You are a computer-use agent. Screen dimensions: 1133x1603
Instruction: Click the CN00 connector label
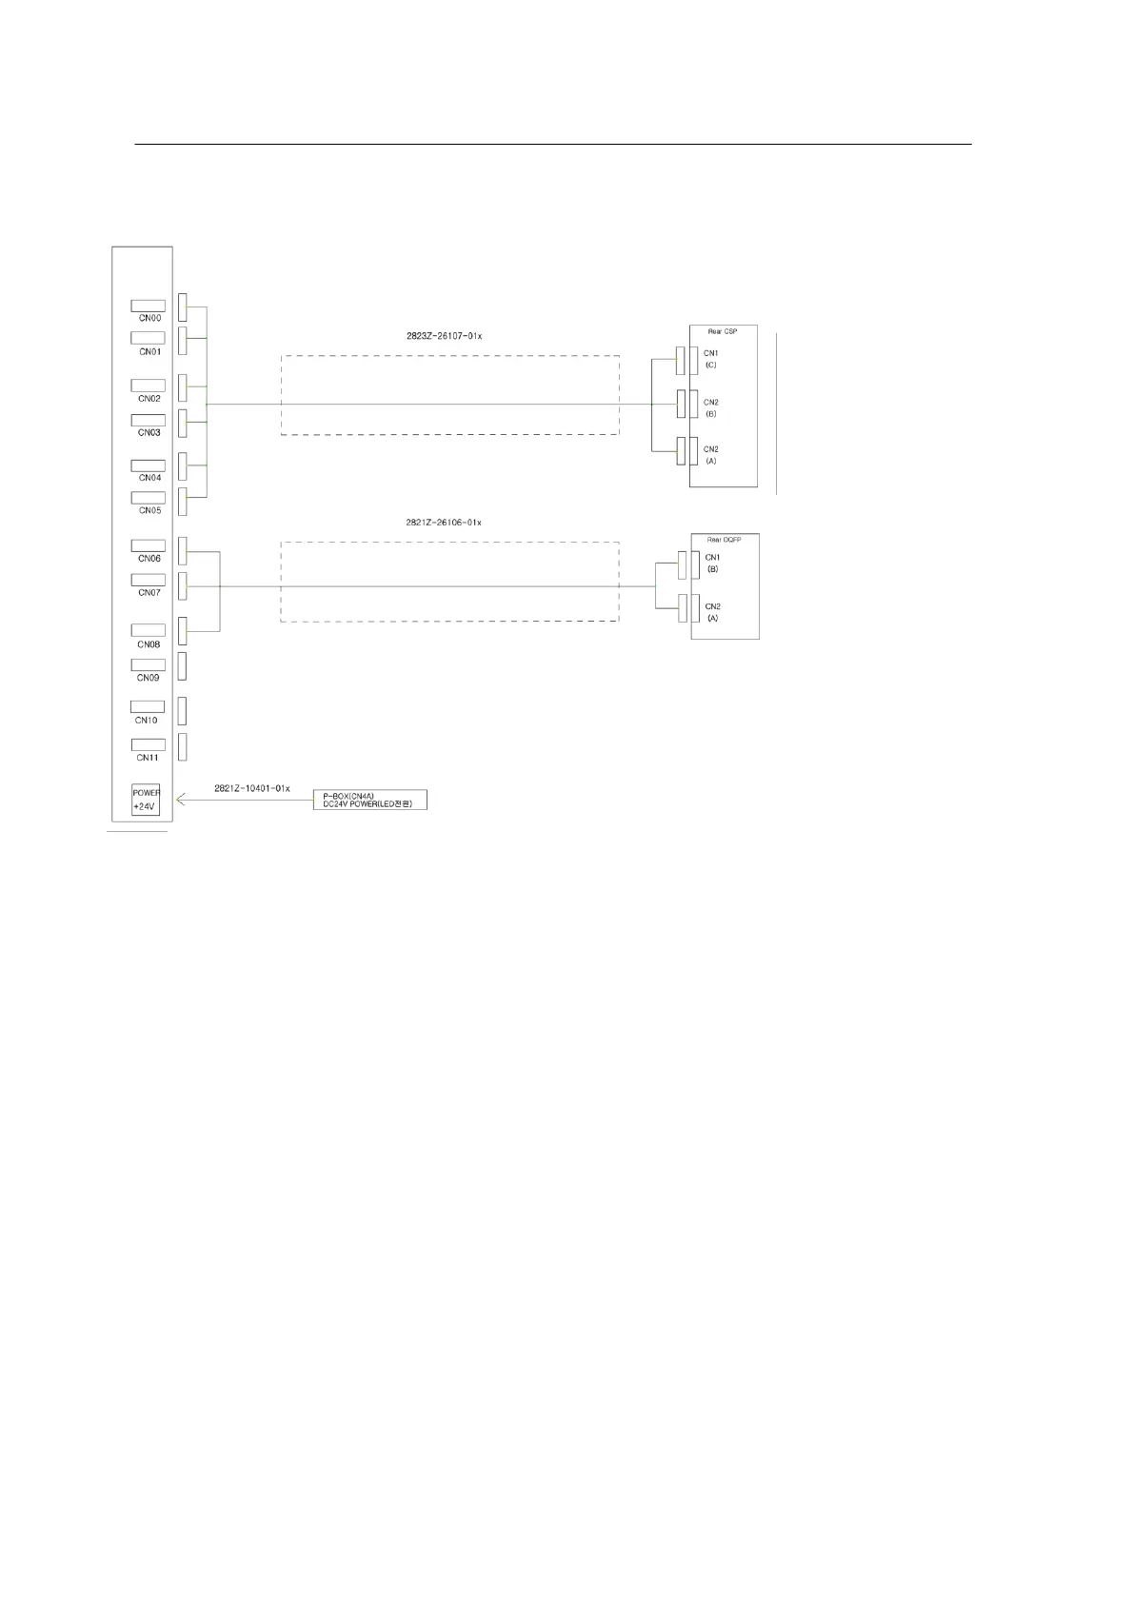149,318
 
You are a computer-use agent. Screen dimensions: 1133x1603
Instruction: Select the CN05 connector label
149,510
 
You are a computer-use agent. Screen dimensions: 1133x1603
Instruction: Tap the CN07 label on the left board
149,592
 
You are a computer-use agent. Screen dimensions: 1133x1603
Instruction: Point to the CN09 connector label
148,678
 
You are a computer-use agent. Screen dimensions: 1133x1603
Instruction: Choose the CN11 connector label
147,758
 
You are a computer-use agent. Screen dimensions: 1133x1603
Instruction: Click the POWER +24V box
146,800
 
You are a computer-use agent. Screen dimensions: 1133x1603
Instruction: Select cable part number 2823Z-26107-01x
443,336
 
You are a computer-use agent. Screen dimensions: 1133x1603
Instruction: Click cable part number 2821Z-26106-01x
443,523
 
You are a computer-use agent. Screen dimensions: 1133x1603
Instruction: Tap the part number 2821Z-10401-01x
251,788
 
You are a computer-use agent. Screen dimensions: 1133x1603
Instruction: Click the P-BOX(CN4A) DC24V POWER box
370,800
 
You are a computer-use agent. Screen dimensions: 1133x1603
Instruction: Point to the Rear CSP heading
722,331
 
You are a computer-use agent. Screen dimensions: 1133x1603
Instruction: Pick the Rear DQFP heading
724,540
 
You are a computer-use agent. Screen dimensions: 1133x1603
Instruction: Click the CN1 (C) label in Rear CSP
711,359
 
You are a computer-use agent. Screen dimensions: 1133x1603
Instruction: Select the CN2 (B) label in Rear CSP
711,407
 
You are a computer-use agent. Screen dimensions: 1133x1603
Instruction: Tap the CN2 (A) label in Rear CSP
711,455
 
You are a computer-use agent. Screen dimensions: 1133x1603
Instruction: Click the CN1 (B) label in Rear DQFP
712,564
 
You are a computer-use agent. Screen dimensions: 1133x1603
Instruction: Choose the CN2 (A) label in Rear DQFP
712,612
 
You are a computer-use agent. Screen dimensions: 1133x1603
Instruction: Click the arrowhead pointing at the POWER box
181,801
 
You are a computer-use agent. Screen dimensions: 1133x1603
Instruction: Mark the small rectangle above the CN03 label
148,420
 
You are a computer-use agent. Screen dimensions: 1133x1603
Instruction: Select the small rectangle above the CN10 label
148,706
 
